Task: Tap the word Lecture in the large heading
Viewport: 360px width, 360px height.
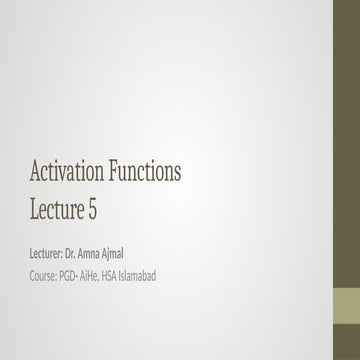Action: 59,209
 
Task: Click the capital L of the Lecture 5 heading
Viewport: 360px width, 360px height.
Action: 34,209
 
